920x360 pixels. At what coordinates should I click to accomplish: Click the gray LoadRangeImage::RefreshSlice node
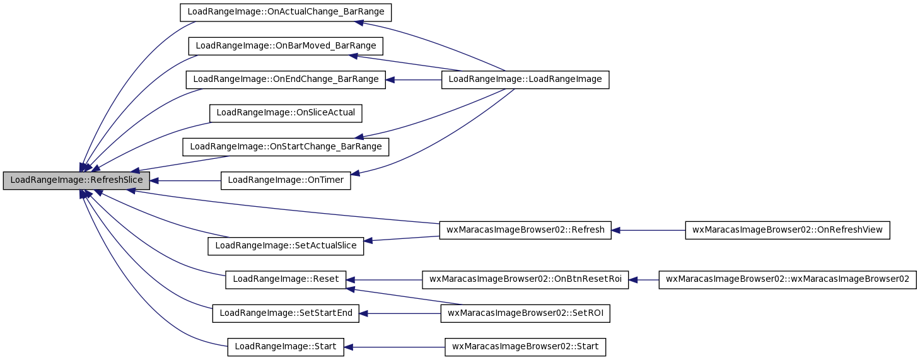point(76,180)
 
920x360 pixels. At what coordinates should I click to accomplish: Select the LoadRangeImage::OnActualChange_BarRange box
point(286,13)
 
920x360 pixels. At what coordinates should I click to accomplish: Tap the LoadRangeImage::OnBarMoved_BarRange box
point(286,46)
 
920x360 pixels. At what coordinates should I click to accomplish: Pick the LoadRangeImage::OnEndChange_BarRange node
point(286,79)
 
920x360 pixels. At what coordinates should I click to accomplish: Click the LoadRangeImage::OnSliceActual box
point(286,113)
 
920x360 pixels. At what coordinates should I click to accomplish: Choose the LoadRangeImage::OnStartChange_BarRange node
point(286,147)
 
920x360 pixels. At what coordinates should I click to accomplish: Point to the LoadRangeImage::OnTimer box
point(286,180)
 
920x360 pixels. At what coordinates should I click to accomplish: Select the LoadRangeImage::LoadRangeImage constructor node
point(525,79)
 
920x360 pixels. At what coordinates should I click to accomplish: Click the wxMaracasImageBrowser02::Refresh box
point(525,230)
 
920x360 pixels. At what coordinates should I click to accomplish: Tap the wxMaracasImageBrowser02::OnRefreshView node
point(788,230)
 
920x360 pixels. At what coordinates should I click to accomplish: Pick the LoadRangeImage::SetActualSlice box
point(286,246)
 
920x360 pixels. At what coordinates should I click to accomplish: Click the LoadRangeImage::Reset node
point(286,279)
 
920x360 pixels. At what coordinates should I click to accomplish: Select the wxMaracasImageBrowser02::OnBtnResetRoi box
point(525,279)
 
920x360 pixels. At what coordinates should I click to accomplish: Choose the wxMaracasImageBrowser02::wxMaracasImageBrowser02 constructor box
point(788,279)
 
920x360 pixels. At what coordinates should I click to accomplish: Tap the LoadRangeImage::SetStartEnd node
point(286,313)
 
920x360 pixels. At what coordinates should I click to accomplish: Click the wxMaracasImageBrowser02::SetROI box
point(525,313)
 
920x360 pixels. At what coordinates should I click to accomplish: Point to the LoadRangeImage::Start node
point(286,347)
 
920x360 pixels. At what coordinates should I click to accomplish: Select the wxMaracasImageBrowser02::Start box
point(525,347)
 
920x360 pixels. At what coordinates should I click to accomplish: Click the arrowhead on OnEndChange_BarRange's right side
point(390,79)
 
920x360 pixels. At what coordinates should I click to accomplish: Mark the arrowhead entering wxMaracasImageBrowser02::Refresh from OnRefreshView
point(615,230)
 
